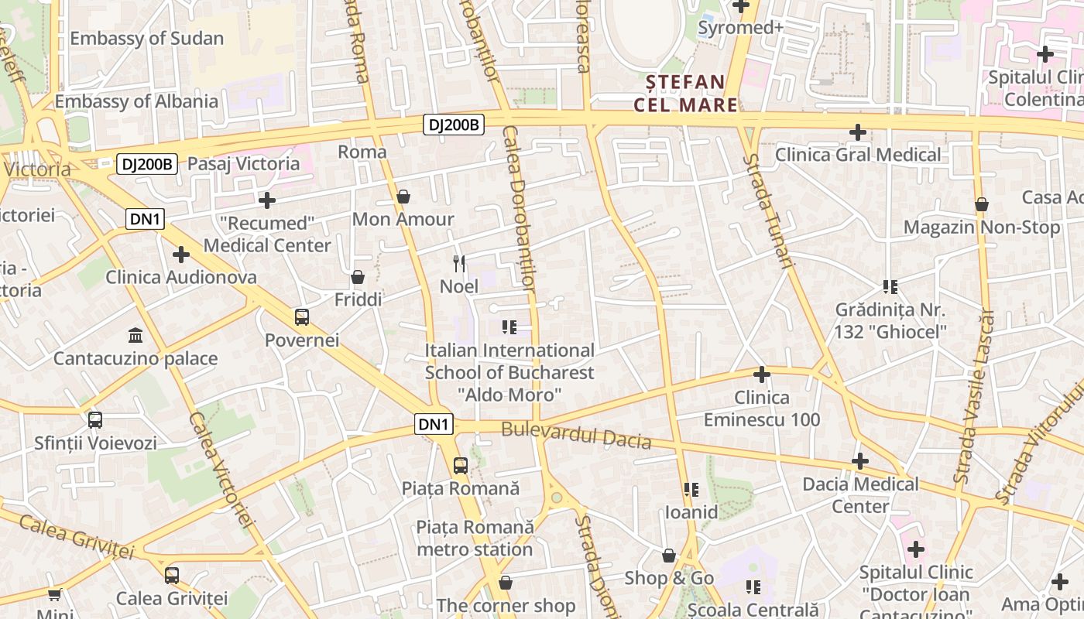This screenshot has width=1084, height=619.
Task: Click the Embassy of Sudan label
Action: (146, 38)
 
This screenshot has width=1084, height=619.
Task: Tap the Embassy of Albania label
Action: (136, 101)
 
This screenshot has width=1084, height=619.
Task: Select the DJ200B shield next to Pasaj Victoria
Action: (147, 164)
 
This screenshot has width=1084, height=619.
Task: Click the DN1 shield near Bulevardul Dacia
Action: (434, 424)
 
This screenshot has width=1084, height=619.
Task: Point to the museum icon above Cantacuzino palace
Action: (135, 336)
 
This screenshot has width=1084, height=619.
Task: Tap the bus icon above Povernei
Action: (302, 317)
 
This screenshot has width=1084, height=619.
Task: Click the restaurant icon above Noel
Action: (459, 264)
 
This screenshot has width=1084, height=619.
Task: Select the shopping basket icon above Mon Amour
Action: (403, 197)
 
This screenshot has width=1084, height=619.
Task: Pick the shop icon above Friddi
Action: (358, 277)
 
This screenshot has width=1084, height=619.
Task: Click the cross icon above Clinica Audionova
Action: (181, 255)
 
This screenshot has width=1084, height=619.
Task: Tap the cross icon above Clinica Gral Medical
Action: (857, 132)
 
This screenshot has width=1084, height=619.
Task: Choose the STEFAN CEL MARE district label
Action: (685, 93)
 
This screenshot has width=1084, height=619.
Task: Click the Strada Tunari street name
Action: (769, 210)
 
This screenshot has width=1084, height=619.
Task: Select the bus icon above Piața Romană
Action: (460, 466)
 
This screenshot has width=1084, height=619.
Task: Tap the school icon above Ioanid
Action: (691, 490)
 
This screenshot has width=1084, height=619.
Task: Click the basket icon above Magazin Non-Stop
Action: (981, 205)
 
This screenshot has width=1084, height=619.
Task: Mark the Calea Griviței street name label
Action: (77, 535)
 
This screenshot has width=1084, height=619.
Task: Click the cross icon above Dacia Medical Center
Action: (859, 462)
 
